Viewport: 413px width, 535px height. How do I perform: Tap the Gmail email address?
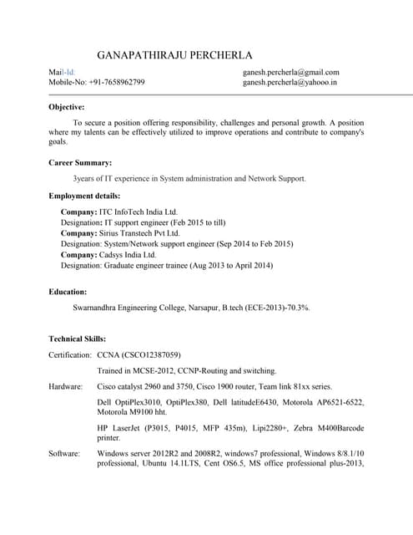(x=290, y=72)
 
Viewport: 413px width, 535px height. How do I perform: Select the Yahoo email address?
(x=290, y=83)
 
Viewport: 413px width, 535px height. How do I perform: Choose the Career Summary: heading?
(x=80, y=162)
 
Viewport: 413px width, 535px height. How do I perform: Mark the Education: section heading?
(x=68, y=292)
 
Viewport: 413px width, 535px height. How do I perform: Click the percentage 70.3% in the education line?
(x=297, y=308)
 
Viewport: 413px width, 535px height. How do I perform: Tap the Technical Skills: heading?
(x=78, y=339)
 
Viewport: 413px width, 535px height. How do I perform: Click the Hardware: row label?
(x=66, y=387)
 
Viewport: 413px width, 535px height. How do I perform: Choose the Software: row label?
(x=64, y=453)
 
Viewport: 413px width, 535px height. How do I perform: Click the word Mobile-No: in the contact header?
(x=68, y=83)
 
